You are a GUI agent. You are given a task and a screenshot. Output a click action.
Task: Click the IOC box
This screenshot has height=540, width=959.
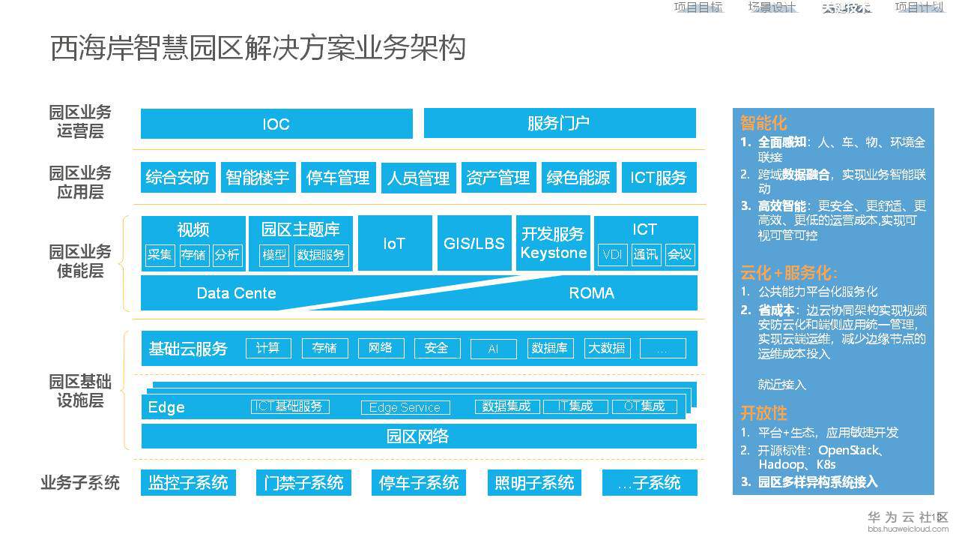tap(276, 124)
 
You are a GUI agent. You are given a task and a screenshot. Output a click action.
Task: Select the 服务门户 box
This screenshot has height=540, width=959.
tap(559, 124)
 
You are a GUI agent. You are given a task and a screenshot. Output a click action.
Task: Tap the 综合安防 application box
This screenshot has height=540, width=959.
tap(178, 178)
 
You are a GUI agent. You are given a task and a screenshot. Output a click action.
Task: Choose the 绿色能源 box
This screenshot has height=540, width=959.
tap(578, 178)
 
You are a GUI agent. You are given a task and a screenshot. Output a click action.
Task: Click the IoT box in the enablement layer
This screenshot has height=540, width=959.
tap(394, 243)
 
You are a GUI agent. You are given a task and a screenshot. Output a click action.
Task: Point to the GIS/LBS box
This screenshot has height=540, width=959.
tap(474, 243)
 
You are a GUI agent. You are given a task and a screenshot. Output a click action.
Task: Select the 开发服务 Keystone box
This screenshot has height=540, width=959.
tap(554, 243)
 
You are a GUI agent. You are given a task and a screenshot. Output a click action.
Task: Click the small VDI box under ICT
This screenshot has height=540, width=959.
tap(612, 255)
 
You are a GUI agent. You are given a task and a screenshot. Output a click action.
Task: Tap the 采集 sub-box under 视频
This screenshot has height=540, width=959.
tap(160, 255)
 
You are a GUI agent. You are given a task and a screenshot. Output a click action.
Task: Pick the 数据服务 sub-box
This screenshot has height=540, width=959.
tap(321, 255)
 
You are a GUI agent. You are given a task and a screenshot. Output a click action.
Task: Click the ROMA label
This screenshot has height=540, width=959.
tap(591, 293)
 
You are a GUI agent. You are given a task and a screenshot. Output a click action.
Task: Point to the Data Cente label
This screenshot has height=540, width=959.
tap(236, 293)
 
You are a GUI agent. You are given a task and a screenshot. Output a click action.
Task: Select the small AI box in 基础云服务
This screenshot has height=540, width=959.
tap(493, 349)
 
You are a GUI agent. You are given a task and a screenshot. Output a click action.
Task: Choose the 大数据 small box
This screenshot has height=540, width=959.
tap(607, 348)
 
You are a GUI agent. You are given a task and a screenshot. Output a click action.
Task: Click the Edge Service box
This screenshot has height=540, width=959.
tap(405, 407)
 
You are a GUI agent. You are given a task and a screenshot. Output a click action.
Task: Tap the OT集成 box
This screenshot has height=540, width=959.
tap(644, 406)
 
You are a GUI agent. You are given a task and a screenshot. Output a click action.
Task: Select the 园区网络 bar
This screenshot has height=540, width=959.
tap(418, 436)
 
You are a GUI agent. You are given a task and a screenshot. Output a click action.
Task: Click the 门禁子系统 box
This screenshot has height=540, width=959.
tap(303, 482)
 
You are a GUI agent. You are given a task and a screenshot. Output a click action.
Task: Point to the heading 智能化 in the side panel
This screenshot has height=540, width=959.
tap(763, 123)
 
